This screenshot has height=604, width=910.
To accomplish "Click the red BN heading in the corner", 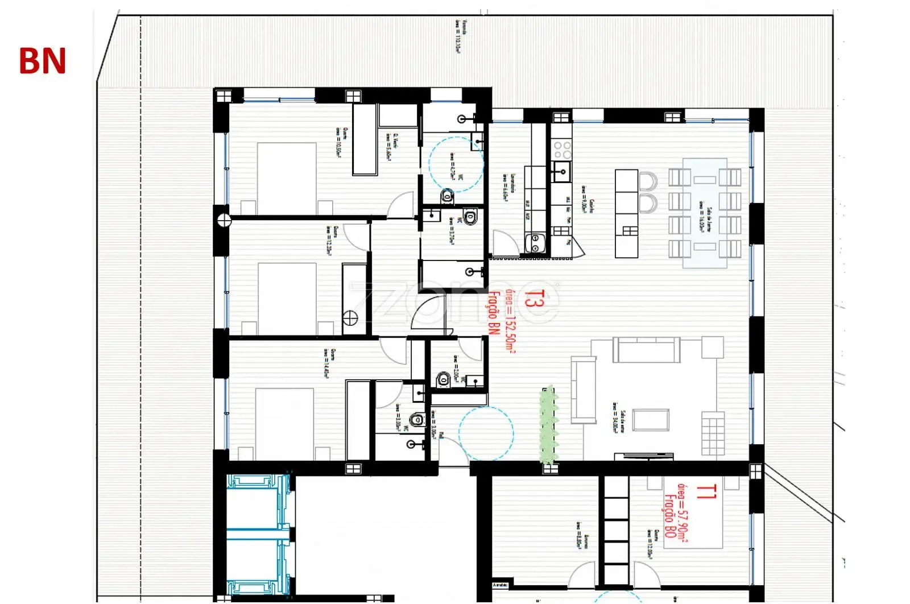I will (x=42, y=61).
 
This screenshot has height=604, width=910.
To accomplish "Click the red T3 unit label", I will (x=530, y=299).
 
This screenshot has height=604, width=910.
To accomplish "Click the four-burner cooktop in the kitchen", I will (x=562, y=150).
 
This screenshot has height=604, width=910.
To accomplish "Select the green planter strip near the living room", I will (x=548, y=424).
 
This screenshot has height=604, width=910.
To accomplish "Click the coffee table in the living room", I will (x=651, y=420).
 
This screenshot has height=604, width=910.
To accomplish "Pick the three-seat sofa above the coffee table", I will (x=646, y=349).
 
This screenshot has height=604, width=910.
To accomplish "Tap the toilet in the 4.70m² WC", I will (x=447, y=197).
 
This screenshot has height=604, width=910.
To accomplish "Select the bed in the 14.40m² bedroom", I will (x=284, y=424).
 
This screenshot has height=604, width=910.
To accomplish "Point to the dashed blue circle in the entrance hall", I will (x=486, y=432).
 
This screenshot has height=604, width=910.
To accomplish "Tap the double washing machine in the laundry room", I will (x=535, y=243).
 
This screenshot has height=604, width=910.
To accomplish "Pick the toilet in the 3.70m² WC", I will (x=470, y=217).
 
